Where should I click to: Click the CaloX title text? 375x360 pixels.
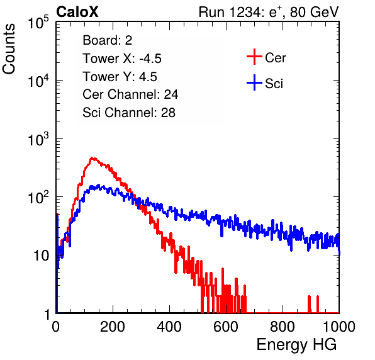click(x=77, y=11)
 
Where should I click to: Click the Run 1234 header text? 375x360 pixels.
click(x=269, y=12)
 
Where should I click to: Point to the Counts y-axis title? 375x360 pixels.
click(x=9, y=49)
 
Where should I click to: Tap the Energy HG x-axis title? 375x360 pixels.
click(x=296, y=344)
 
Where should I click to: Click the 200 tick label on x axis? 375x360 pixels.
click(x=113, y=327)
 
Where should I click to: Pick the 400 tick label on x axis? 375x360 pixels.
click(x=169, y=327)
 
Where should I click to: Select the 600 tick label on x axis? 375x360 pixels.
click(x=226, y=327)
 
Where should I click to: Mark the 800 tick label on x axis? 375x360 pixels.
click(x=283, y=327)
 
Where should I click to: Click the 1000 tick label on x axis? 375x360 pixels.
click(x=339, y=327)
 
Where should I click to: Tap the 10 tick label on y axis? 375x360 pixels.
click(x=41, y=256)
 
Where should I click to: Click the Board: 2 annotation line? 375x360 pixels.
click(x=108, y=40)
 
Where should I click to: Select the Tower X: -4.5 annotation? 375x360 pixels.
click(x=122, y=59)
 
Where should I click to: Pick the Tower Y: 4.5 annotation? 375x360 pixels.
click(x=120, y=77)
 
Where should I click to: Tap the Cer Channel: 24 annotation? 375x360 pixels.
click(x=130, y=94)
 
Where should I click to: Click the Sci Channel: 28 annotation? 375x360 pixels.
click(x=129, y=113)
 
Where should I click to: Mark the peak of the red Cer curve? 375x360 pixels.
click(x=92, y=158)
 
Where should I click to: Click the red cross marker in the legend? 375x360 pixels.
click(x=254, y=57)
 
